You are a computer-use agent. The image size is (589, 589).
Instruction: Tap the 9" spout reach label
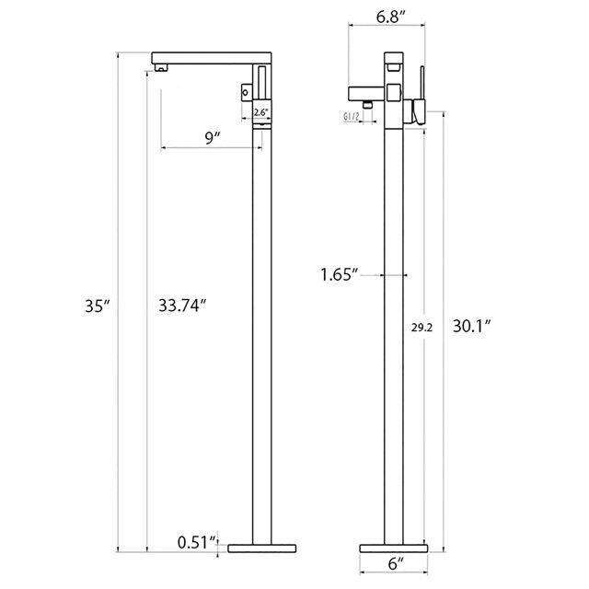tap(213, 137)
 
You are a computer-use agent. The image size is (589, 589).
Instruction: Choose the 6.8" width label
tap(387, 16)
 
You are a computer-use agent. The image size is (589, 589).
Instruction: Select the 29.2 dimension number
tap(421, 325)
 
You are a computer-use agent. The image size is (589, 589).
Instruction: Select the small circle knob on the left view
tap(247, 91)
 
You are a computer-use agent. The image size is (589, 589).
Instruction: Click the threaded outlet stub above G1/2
tap(366, 104)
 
